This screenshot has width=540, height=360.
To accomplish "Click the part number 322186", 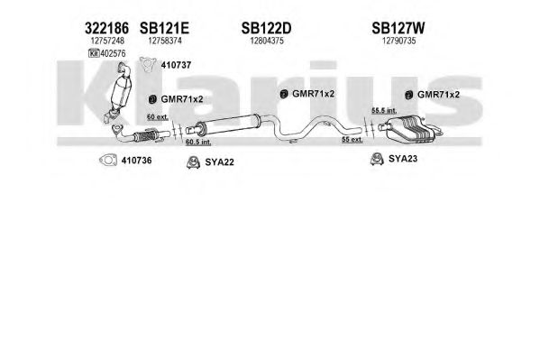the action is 106,28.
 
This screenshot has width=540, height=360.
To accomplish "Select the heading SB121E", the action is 164,28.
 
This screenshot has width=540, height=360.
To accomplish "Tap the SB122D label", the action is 266,28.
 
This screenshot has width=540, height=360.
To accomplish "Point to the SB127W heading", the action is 398,28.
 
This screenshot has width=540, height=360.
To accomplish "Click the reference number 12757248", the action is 107,41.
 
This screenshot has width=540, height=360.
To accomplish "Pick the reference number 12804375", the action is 267,41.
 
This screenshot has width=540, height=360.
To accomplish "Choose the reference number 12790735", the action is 398,41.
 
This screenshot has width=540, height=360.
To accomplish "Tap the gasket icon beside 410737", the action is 148,64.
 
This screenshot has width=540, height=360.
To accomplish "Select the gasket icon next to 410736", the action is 108,161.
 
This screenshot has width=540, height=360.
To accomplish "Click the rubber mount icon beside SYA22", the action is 193,162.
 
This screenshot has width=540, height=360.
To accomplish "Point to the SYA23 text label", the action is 403,159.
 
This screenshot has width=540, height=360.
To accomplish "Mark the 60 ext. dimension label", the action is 158,117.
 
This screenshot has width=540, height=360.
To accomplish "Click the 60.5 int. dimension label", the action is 198,142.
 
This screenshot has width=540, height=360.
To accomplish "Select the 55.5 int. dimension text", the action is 384,111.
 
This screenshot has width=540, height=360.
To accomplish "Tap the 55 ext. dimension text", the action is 352,140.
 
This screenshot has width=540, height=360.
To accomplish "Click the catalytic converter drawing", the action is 121,91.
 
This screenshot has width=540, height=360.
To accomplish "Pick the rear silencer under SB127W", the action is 410,130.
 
